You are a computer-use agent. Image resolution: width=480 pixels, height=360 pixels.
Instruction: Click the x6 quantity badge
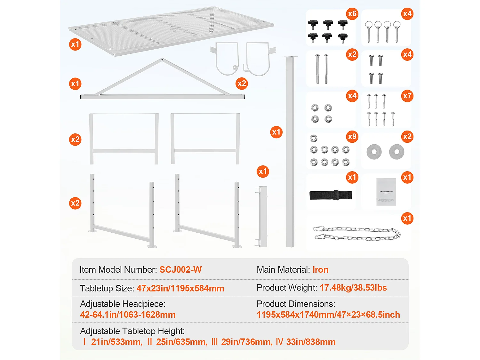[352, 14]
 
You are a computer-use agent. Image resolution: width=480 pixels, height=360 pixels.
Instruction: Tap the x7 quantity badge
[407, 96]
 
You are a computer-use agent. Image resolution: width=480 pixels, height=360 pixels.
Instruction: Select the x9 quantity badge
[352, 137]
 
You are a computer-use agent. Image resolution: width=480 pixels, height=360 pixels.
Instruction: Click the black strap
[331, 195]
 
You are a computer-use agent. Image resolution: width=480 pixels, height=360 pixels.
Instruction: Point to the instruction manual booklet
[386, 192]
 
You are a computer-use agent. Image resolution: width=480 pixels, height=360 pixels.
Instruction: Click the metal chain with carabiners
[357, 233]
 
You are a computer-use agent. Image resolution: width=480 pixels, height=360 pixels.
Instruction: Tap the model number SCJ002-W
[180, 270]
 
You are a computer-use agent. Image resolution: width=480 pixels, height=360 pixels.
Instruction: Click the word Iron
[320, 270]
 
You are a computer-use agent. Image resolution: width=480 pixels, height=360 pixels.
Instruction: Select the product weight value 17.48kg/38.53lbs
[353, 288]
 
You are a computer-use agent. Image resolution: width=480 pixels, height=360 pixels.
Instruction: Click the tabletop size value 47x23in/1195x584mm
[180, 288]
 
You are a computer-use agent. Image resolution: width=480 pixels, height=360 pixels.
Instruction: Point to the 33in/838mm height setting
[310, 342]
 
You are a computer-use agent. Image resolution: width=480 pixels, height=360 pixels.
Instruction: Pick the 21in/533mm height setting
[116, 342]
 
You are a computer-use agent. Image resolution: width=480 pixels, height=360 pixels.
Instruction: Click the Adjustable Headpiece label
[123, 304]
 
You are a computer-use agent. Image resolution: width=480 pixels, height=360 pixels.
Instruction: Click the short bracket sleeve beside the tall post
[262, 217]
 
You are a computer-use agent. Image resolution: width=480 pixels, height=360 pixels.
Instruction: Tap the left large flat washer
[374, 152]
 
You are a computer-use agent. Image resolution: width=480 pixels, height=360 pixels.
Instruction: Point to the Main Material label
[283, 270]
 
